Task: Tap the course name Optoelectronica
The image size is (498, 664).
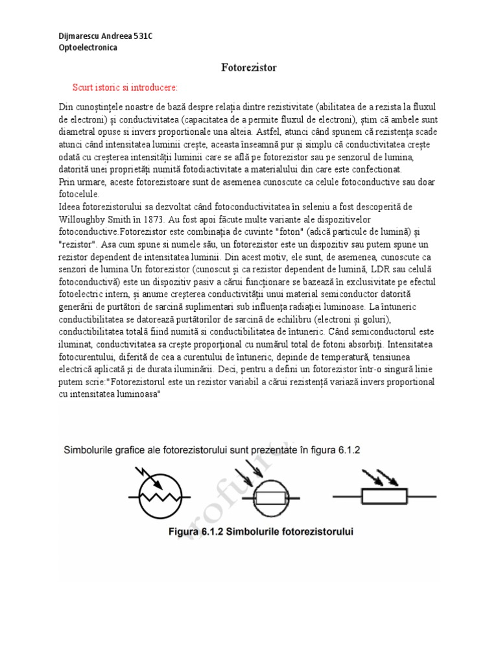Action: click(x=88, y=48)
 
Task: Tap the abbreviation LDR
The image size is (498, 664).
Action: click(x=385, y=268)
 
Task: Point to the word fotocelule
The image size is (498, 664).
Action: click(x=79, y=193)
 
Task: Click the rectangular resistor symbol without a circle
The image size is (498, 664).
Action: click(x=385, y=497)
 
